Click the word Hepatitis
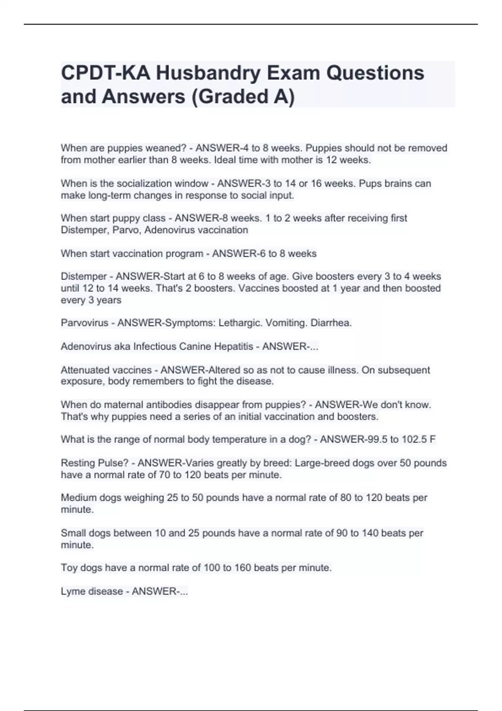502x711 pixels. [x=234, y=347]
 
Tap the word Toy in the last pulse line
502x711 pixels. [x=69, y=568]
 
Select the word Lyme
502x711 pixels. [x=72, y=591]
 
